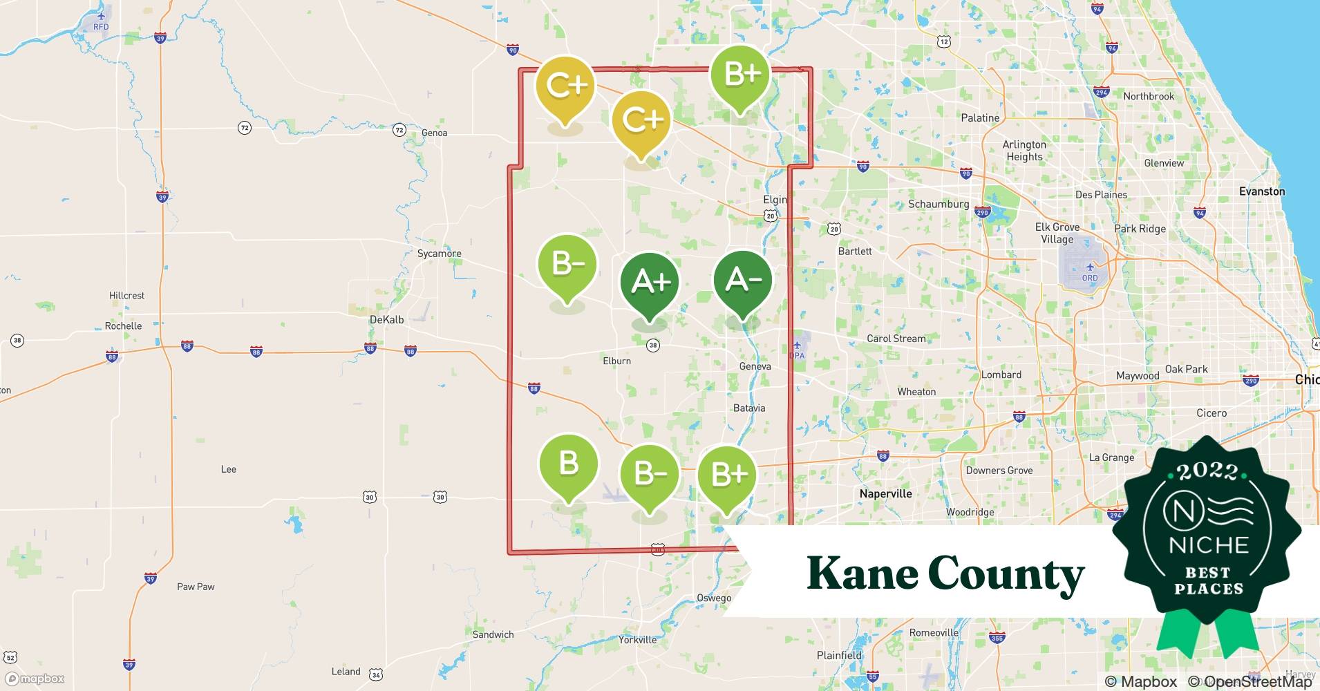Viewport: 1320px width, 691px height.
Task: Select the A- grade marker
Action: [x=743, y=281]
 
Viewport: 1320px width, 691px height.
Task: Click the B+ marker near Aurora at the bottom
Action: [x=728, y=475]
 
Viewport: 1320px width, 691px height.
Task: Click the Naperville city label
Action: [x=885, y=493]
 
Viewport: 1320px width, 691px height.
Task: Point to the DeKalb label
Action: [x=386, y=319]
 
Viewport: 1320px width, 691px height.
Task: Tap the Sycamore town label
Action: [x=439, y=254]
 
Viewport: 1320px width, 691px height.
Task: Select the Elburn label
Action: [x=616, y=361]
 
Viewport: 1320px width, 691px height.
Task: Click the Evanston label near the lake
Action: [x=1262, y=191]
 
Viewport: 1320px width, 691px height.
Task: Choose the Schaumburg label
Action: [x=938, y=204]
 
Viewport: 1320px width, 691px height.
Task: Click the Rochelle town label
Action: [x=123, y=325]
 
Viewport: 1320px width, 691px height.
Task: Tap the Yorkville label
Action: [x=637, y=640]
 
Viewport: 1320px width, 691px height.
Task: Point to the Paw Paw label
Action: [x=196, y=587]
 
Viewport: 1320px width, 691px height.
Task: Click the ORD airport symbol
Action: [x=1090, y=267]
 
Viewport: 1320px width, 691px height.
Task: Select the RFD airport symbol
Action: [x=101, y=16]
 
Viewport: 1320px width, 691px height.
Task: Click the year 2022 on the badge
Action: [x=1207, y=471]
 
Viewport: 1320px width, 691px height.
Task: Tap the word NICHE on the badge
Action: [x=1209, y=545]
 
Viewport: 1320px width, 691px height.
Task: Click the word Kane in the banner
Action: [x=860, y=574]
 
